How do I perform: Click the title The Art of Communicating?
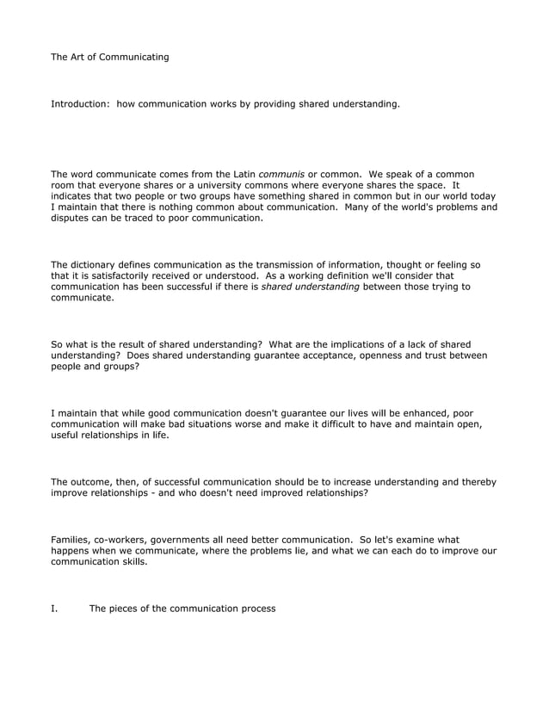pyautogui.click(x=110, y=58)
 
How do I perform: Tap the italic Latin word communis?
pyautogui.click(x=281, y=174)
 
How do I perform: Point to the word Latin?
pyautogui.click(x=240, y=174)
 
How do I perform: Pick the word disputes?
pyautogui.click(x=72, y=219)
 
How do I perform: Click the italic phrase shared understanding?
pyautogui.click(x=311, y=286)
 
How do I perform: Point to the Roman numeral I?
pyautogui.click(x=53, y=609)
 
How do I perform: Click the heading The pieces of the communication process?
pyautogui.click(x=182, y=609)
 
